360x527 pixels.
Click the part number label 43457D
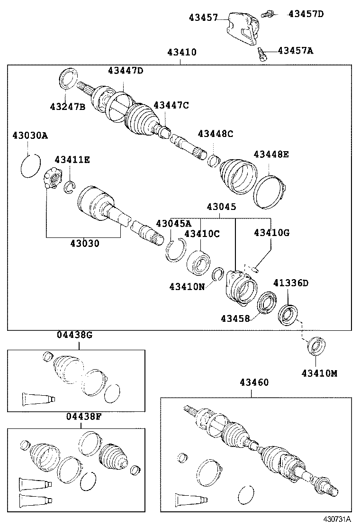coord(306,14)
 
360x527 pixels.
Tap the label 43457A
coord(295,50)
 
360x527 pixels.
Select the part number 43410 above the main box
coord(181,52)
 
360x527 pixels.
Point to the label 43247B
coord(67,107)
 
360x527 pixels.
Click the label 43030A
coord(30,136)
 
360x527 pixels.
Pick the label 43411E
coord(72,160)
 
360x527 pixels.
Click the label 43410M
coord(319,373)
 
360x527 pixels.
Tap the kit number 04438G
coord(75,335)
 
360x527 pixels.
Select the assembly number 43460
coord(254,382)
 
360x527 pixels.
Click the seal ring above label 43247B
coord(69,78)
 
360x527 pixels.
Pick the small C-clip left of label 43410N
coord(218,274)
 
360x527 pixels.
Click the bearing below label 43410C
coord(198,262)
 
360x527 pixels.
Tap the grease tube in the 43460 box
coord(191,500)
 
